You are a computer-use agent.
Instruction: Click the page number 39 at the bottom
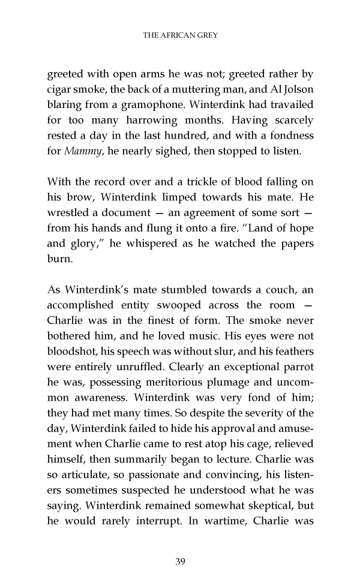pos(180,545)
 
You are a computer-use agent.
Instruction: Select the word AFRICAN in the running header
pos(177,35)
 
